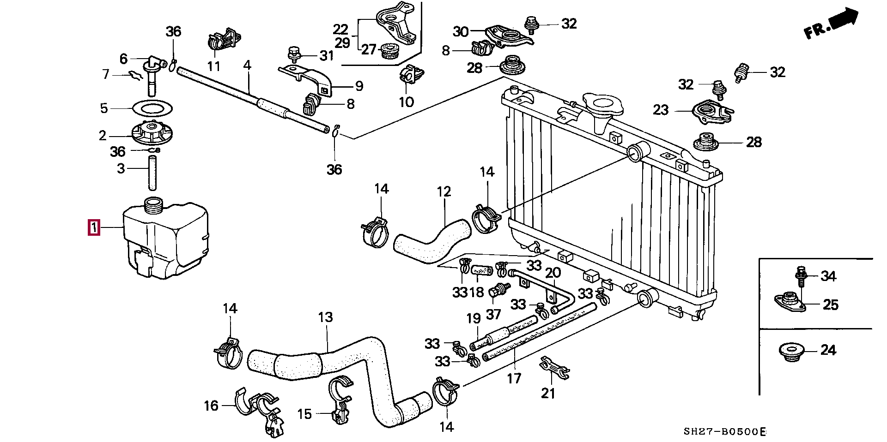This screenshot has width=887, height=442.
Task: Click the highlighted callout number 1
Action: [x=94, y=228]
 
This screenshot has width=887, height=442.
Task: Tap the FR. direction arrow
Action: [x=832, y=25]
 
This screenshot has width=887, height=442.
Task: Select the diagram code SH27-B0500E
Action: [x=724, y=432]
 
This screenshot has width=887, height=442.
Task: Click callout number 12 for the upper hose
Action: [x=443, y=191]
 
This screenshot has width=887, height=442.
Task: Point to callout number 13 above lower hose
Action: [x=325, y=317]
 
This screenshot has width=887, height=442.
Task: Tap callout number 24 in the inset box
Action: [x=828, y=350]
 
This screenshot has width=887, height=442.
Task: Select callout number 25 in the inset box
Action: [x=831, y=305]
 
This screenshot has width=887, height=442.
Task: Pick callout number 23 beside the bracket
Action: [x=661, y=110]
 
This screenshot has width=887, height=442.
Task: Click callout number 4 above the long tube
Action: [x=247, y=65]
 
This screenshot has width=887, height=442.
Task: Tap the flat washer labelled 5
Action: [x=152, y=108]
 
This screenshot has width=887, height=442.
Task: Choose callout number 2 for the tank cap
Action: [x=103, y=136]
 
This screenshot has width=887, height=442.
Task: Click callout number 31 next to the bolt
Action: [x=327, y=56]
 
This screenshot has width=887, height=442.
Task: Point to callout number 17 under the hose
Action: [x=514, y=379]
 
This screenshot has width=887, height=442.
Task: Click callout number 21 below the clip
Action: [x=548, y=393]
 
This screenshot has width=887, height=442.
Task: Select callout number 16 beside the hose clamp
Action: [x=211, y=406]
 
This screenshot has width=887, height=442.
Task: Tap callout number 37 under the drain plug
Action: [x=493, y=315]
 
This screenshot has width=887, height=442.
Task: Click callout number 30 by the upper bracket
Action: [x=461, y=32]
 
